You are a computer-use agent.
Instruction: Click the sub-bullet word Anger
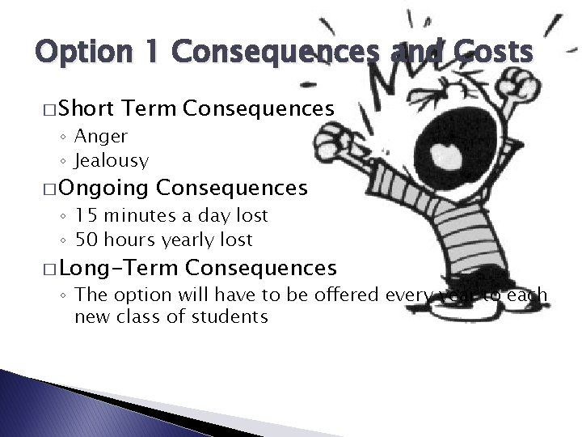pos(101,136)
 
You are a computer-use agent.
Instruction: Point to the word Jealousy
pos(112,161)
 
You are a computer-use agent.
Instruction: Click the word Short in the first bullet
pos(86,109)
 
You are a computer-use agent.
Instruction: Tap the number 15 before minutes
pos(86,215)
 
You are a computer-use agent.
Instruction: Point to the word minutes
pos(143,215)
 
